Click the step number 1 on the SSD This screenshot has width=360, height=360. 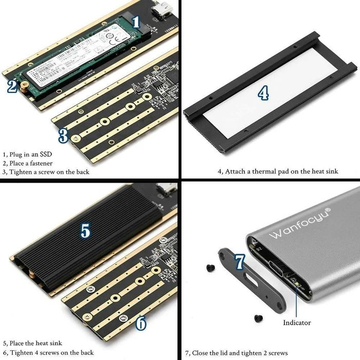(x=136, y=22)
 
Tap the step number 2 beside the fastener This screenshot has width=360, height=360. (x=11, y=86)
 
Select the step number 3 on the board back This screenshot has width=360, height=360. (x=63, y=136)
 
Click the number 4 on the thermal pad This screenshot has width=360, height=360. (x=263, y=93)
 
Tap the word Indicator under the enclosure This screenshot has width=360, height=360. (x=297, y=322)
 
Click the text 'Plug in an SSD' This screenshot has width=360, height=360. (x=30, y=154)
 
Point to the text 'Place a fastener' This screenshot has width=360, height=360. (x=31, y=163)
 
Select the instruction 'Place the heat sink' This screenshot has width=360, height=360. (x=35, y=343)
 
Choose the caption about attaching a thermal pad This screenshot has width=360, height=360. (x=278, y=171)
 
